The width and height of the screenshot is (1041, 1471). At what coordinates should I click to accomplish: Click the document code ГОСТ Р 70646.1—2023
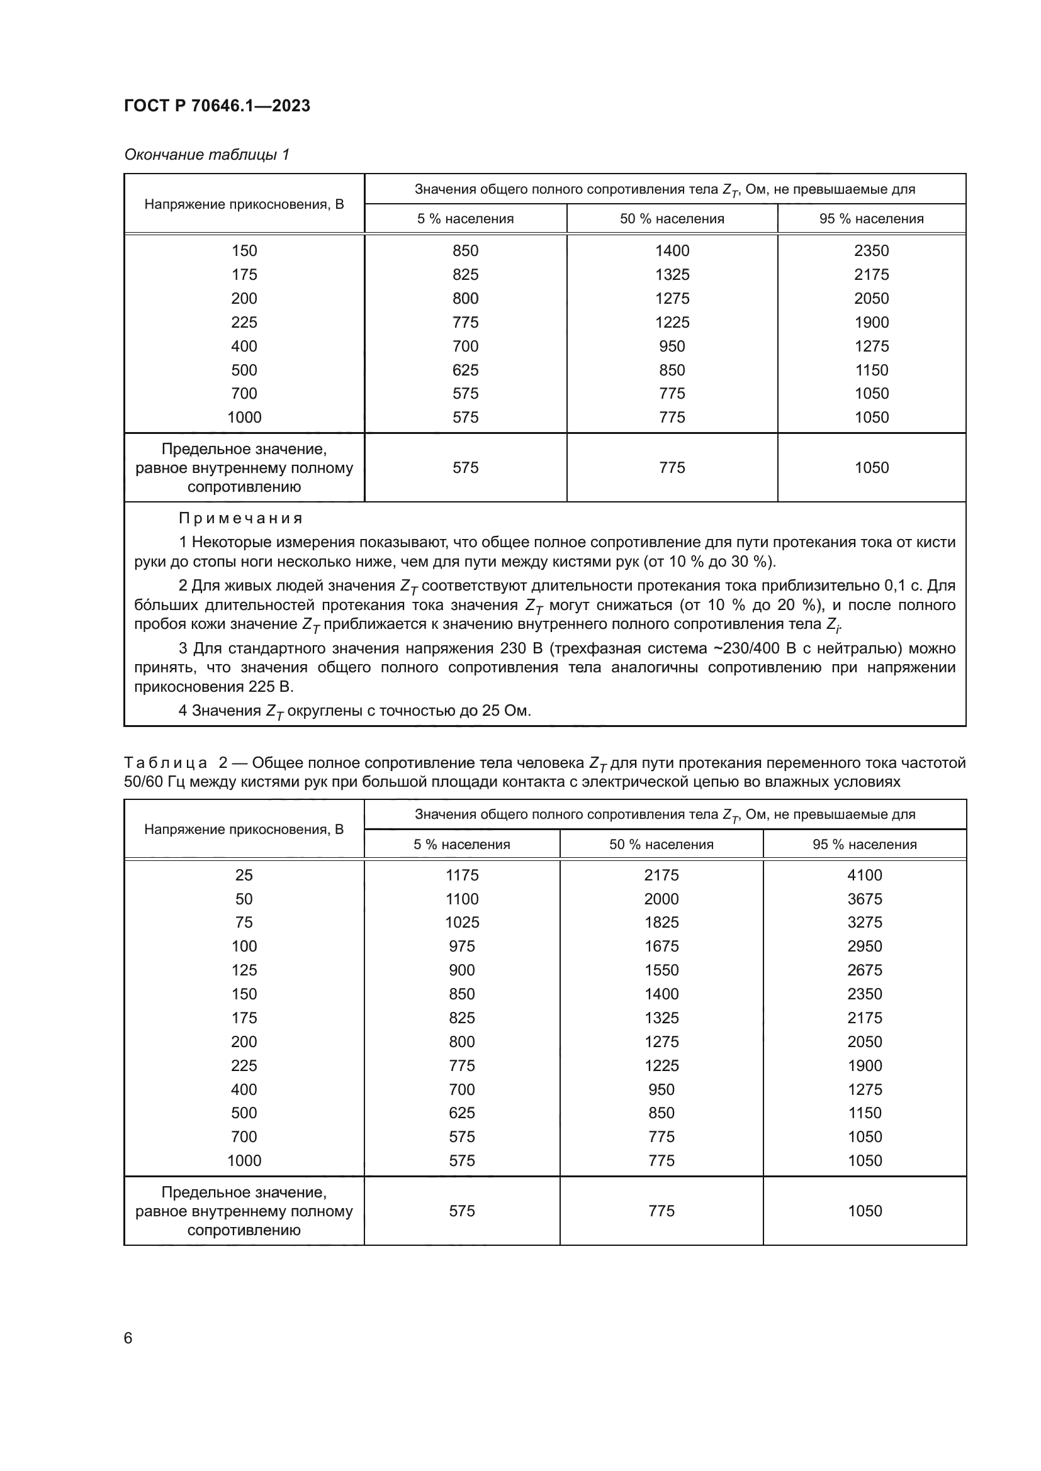pos(217,106)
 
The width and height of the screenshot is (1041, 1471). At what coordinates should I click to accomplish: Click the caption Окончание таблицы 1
pos(206,155)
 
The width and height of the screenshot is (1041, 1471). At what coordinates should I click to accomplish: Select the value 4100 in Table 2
pos(864,875)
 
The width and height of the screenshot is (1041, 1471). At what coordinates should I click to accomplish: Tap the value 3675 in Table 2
pos(864,899)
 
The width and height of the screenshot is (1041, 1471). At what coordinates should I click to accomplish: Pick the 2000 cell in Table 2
pos(661,899)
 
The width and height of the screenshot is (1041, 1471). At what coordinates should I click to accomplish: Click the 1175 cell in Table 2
pos(461,875)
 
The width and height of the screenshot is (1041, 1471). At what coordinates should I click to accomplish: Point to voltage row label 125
pos(244,970)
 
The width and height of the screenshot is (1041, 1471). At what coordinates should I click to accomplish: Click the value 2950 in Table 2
pos(864,946)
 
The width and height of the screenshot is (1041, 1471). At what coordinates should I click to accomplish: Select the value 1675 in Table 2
pos(661,946)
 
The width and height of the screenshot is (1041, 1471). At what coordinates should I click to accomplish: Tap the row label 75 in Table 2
pos(244,923)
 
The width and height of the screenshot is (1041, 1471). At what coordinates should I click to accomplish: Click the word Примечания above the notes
pos(240,518)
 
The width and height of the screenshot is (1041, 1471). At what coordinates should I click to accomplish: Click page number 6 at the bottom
pos(128,1338)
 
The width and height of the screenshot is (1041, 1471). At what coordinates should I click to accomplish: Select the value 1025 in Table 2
pos(461,923)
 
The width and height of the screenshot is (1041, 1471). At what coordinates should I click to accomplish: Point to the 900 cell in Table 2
pos(461,970)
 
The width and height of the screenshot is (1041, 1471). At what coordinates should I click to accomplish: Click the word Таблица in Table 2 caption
pos(166,763)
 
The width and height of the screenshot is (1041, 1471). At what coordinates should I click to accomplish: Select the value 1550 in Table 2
pos(661,970)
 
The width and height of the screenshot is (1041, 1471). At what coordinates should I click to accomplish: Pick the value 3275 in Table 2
pos(864,923)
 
